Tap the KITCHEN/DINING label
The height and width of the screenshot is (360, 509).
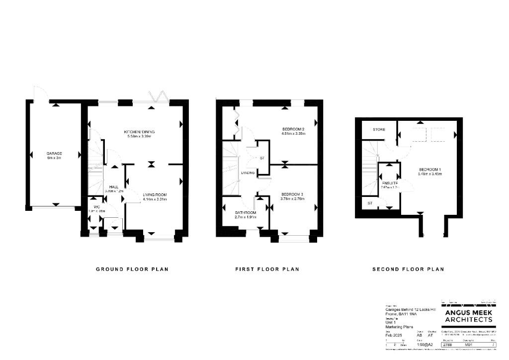click(x=140, y=132)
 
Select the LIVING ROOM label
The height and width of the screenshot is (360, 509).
click(x=155, y=194)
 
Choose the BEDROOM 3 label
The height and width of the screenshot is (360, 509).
click(x=292, y=194)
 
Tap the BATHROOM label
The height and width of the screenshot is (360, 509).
click(x=246, y=213)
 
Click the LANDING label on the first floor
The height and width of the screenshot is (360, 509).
click(x=248, y=173)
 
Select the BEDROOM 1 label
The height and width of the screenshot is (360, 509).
click(x=430, y=170)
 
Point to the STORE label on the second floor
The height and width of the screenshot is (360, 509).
click(x=379, y=130)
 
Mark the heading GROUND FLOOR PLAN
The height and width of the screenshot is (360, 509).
click(x=132, y=269)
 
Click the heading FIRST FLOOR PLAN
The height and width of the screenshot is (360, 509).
click(x=267, y=269)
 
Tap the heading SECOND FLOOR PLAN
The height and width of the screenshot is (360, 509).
click(x=408, y=269)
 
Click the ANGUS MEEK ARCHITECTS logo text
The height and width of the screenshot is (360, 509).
click(x=469, y=316)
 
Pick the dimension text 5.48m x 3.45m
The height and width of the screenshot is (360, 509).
click(x=430, y=174)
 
